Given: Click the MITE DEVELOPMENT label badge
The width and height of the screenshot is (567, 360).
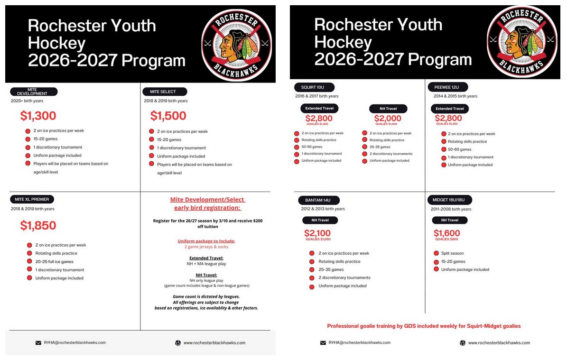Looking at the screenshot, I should click(34, 92).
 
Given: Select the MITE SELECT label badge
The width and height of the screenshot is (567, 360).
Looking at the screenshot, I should click(165, 92).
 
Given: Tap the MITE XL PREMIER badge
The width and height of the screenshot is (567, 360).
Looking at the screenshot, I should click(32, 199).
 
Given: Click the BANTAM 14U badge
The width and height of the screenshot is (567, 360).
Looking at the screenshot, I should click(319, 200).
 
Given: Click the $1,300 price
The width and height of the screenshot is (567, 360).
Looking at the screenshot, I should click(38, 116).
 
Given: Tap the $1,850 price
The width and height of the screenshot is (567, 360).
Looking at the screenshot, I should click(38, 225).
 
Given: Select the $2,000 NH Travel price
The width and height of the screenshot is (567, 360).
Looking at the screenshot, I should click(388, 119).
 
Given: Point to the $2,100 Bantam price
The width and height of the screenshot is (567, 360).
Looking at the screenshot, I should click(317, 233).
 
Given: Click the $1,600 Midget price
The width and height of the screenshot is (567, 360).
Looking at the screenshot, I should click(447, 233).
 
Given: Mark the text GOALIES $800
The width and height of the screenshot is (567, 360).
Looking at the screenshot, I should click(447, 240).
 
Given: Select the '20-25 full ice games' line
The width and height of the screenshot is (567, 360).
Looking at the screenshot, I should click(54, 261).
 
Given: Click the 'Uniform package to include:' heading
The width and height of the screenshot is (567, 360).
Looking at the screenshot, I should click(206, 241).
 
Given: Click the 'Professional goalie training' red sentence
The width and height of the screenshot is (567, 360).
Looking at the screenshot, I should click(424, 326).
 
